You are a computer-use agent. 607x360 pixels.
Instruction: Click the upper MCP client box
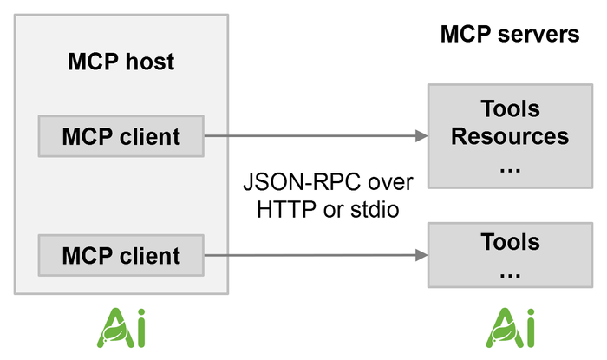tap(121, 136)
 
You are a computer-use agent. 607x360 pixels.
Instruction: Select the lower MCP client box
tap(121, 255)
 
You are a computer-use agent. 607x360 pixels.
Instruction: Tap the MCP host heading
tap(121, 62)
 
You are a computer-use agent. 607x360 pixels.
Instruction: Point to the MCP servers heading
tap(509, 35)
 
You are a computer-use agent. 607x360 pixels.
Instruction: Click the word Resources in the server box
tap(510, 137)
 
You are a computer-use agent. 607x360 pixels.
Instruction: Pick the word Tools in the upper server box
tap(510, 109)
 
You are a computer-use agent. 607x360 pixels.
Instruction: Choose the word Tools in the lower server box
tap(510, 241)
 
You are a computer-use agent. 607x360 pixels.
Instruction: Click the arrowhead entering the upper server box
tap(422, 136)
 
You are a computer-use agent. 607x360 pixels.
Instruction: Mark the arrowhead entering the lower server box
tap(422, 255)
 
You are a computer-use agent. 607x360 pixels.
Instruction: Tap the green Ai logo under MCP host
tap(121, 327)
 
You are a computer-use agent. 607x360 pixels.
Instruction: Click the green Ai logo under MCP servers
tap(510, 327)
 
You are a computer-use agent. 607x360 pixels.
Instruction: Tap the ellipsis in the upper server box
tap(510, 167)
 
